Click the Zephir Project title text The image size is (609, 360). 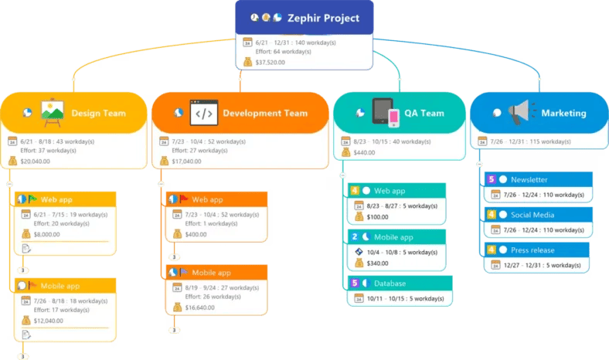(x=325, y=18)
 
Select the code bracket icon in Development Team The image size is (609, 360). (x=204, y=113)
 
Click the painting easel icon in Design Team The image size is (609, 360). (x=52, y=113)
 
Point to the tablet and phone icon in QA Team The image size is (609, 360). (x=386, y=113)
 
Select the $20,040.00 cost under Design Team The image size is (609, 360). (x=36, y=161)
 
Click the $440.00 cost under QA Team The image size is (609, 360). (x=365, y=153)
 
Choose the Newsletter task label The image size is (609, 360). (x=529, y=179)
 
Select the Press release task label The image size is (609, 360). (x=532, y=250)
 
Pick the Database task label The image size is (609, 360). (x=390, y=284)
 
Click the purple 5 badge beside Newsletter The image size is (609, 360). (x=491, y=179)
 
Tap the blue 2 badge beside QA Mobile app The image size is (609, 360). (x=354, y=237)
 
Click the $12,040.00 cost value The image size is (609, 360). (x=49, y=321)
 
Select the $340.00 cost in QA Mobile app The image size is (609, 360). (x=379, y=263)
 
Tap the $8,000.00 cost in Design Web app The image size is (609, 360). (x=46, y=234)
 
